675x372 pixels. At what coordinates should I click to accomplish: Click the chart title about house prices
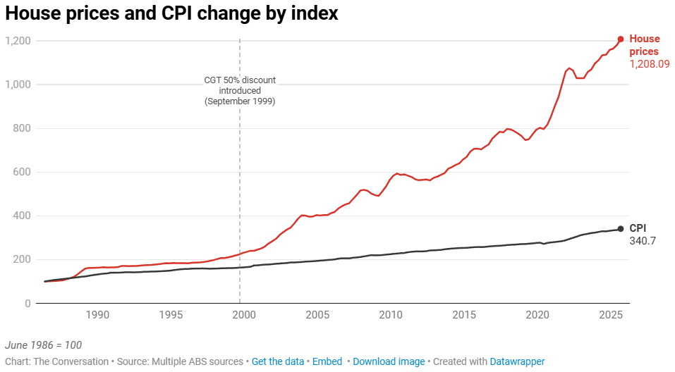(x=172, y=13)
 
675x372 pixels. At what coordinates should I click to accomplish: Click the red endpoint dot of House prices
(x=621, y=39)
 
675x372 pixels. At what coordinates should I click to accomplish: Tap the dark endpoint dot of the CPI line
(x=621, y=228)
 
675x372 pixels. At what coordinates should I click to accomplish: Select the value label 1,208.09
(x=650, y=64)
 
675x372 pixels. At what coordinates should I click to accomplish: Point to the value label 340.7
(x=643, y=241)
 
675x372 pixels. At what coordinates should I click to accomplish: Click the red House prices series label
(x=644, y=45)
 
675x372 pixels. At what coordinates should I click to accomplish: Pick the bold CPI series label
(x=638, y=228)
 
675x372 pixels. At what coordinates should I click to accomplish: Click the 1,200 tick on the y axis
(x=18, y=41)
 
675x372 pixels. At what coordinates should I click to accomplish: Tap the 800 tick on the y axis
(x=22, y=128)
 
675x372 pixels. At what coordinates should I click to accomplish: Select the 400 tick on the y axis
(x=22, y=216)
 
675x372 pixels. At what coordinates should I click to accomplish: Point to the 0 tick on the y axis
(x=28, y=303)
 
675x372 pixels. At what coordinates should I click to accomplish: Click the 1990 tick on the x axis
(x=97, y=315)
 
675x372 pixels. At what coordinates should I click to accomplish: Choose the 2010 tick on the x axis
(x=391, y=315)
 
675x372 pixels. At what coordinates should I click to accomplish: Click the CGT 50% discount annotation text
(x=240, y=91)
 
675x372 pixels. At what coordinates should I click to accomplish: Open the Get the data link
(x=278, y=361)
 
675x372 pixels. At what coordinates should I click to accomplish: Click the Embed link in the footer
(x=327, y=361)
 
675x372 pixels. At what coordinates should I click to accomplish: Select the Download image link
(x=389, y=361)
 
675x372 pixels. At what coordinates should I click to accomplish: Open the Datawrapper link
(x=518, y=361)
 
